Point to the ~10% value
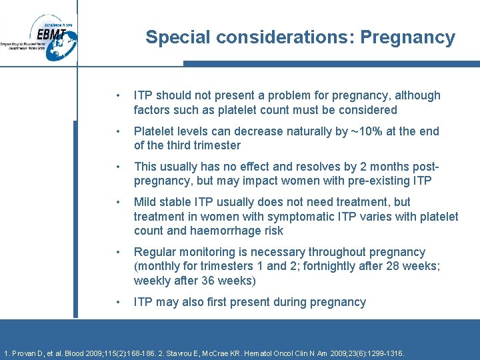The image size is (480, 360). click(x=363, y=131)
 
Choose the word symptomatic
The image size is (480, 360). click(x=299, y=217)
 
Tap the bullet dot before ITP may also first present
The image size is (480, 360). click(x=118, y=303)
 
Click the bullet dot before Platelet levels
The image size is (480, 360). click(x=118, y=132)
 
